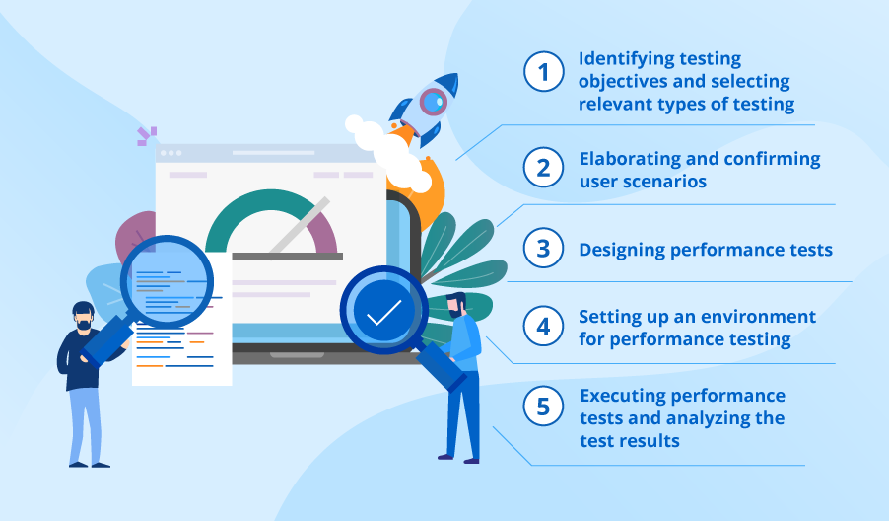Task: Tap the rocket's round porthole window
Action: tap(432, 101)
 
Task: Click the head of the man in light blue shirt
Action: tap(456, 304)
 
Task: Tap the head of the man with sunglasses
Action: tap(84, 316)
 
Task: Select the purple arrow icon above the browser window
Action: tap(146, 136)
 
